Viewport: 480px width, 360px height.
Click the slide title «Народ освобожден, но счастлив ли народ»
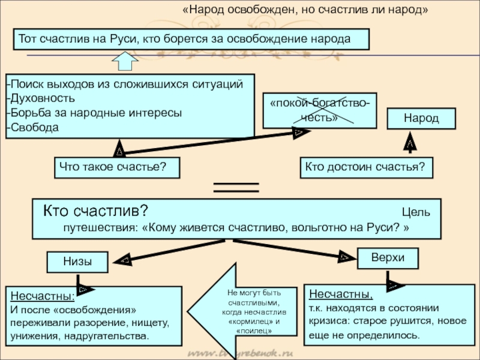tap(305, 11)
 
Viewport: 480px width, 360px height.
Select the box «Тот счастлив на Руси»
tap(191, 38)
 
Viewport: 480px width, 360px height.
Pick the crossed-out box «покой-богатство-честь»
tap(319, 110)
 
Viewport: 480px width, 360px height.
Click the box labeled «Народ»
tap(421, 118)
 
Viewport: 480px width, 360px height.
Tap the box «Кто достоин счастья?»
tap(365, 166)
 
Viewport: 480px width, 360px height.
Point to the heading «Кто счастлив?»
tap(95, 212)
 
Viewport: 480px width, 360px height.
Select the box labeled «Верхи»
tap(388, 257)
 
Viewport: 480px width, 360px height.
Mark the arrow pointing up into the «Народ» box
tap(410, 144)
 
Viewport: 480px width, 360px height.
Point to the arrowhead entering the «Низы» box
tap(125, 260)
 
